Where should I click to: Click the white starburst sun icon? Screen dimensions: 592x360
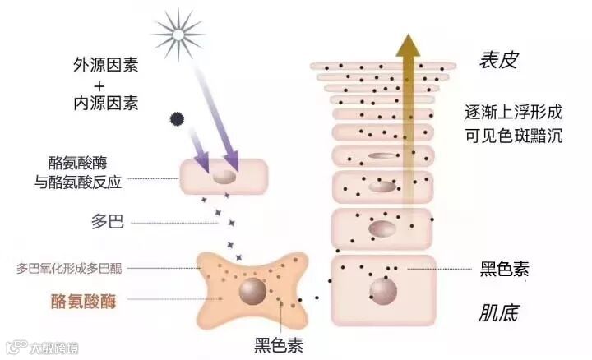176,34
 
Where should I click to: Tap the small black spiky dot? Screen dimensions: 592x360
175,118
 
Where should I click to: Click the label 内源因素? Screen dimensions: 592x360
105,104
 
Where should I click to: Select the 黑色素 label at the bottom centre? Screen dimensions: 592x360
277,345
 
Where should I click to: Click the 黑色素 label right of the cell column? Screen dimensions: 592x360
503,269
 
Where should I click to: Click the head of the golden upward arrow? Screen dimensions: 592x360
405,45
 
